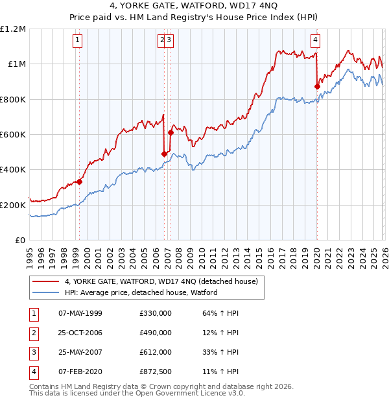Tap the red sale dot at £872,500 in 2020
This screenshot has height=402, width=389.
(x=317, y=86)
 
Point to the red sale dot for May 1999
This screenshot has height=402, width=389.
(x=80, y=182)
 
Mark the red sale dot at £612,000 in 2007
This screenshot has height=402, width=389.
(x=171, y=132)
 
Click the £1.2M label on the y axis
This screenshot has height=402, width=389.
(x=13, y=29)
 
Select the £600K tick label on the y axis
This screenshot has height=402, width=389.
(x=13, y=135)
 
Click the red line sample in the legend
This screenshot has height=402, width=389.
(x=46, y=281)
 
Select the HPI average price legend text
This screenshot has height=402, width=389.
(x=141, y=292)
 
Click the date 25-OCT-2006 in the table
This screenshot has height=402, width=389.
(x=80, y=333)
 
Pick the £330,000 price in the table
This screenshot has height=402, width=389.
(x=155, y=313)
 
